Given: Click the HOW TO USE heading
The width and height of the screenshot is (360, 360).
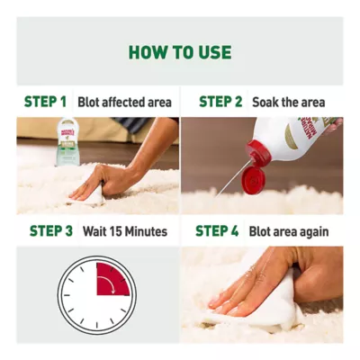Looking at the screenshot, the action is [180, 52].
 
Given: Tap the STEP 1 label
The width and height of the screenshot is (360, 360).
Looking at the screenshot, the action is [45, 102].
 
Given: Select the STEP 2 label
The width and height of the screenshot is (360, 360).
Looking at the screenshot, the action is [220, 102].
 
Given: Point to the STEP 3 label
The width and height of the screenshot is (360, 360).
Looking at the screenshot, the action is [51, 231].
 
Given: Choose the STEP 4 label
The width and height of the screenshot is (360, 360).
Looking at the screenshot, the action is [217, 231].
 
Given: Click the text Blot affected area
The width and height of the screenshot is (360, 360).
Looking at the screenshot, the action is [124, 103].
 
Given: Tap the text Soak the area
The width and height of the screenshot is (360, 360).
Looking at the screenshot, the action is [289, 103].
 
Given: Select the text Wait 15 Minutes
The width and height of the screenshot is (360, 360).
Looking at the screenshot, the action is [125, 231].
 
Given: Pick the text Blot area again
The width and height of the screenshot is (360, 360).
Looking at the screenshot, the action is [289, 231].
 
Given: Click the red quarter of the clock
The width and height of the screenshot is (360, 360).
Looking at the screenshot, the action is [111, 279].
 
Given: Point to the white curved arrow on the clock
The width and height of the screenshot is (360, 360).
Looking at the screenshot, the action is [108, 283].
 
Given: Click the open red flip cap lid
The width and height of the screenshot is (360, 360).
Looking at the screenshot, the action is [253, 180].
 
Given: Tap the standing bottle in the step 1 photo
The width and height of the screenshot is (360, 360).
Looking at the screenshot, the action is [67, 141].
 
